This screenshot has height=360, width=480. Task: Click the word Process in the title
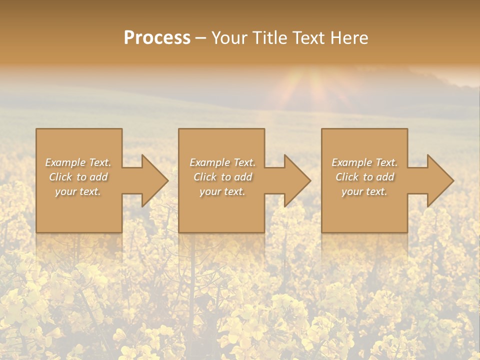coord(157,38)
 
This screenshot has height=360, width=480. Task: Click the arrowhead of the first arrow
coord(155,180)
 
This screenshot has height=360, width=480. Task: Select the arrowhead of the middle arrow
coord(297,180)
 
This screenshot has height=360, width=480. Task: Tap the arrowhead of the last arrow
coord(440,180)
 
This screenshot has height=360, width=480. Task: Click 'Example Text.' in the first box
coord(78,162)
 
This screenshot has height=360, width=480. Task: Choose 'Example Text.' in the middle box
coord(222,162)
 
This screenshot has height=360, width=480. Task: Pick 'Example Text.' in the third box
coord(364,162)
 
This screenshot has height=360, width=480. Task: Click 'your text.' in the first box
coord(78,191)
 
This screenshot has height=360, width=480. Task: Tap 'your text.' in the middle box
coord(222,191)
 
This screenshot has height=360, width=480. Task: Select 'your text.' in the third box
coord(364,191)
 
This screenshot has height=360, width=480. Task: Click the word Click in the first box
coord(61,177)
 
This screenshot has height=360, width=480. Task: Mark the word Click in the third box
coord(347,177)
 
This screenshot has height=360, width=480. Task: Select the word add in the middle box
coord(243,177)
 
